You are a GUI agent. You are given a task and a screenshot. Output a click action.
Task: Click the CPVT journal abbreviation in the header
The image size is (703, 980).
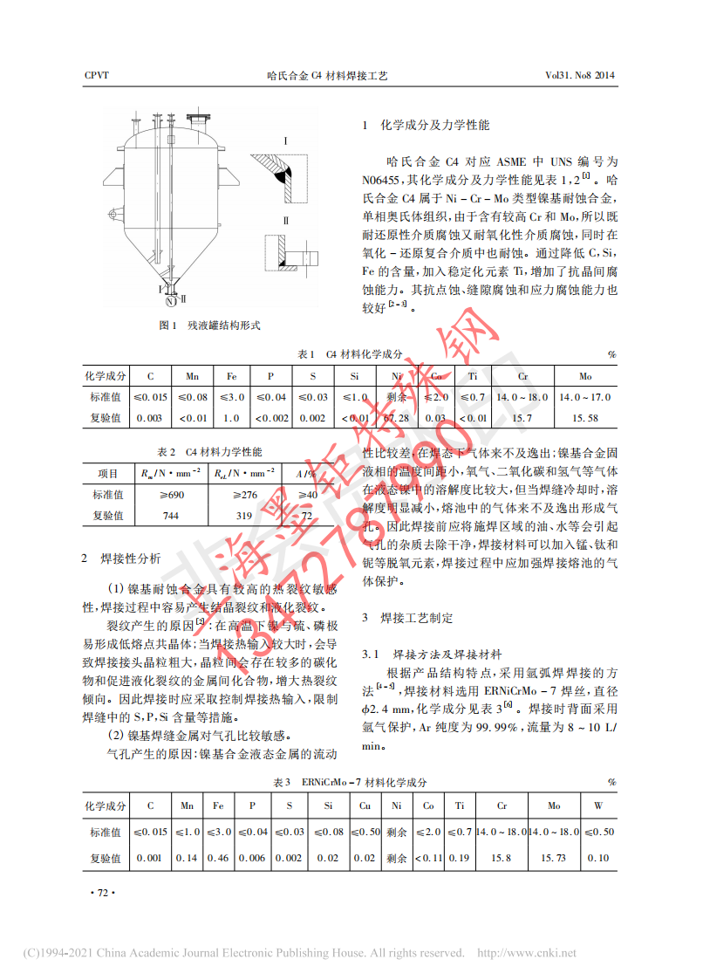tap(96, 76)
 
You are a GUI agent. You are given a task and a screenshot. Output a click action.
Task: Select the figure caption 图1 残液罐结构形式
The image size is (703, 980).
tap(209, 326)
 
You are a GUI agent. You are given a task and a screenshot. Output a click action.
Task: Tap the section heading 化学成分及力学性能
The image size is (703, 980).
tap(436, 126)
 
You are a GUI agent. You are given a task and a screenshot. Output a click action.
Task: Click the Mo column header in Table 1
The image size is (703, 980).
tap(584, 376)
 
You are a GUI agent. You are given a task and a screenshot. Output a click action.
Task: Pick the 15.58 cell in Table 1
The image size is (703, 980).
tap(584, 418)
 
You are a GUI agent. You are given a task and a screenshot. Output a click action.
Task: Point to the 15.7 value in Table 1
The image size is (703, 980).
tap(522, 418)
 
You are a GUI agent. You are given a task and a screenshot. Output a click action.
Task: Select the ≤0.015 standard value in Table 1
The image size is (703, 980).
tap(150, 397)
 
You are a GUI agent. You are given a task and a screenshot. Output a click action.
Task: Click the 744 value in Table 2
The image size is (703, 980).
tap(171, 516)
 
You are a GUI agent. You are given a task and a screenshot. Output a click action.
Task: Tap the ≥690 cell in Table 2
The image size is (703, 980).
tap(171, 495)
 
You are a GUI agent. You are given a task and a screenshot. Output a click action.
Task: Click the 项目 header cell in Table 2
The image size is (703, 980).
tap(107, 474)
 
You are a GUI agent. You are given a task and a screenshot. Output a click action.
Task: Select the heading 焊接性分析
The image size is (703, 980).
tap(131, 558)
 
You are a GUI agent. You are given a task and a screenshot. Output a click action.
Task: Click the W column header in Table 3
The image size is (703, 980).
tap(598, 806)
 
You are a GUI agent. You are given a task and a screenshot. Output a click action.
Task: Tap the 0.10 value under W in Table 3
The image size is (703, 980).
tap(598, 859)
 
